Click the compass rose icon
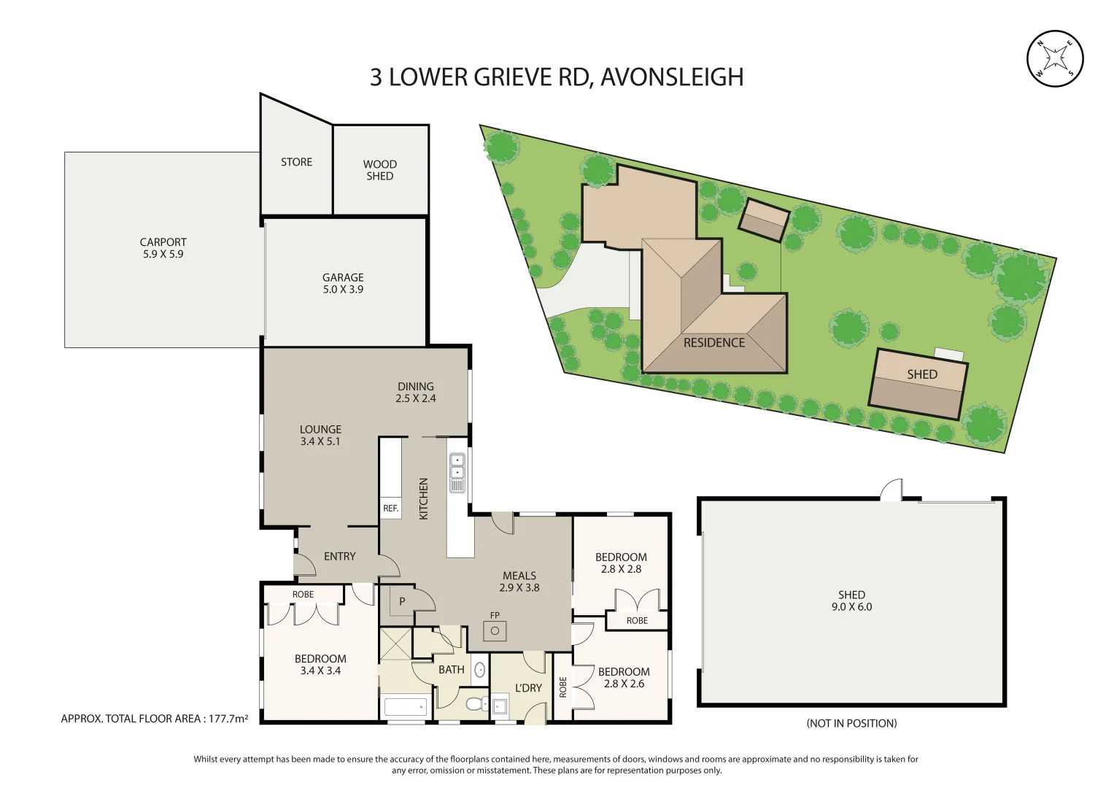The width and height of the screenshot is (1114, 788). pos(1055,59)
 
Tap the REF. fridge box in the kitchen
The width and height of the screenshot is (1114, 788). pos(391,509)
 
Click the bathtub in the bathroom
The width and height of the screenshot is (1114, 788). pos(406,706)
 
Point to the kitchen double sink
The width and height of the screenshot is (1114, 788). pos(457,473)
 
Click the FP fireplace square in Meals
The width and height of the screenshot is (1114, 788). pos(495,631)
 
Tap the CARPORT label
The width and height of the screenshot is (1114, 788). pos(163,242)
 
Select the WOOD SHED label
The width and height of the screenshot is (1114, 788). pos(380,170)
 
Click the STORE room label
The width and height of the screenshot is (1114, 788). pos(296,162)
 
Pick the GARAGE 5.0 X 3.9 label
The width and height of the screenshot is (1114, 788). pos(343,284)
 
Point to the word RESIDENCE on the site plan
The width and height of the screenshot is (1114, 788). pos(714,343)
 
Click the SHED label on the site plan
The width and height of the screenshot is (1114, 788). pos(922,374)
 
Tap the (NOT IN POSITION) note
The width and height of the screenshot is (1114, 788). pos(851,723)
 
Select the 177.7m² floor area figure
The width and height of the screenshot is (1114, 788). pos(228,719)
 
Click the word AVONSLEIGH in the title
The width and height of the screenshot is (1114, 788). pos(672,77)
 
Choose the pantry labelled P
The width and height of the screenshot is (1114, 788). pos(402,601)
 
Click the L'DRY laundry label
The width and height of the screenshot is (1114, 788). pos(528,688)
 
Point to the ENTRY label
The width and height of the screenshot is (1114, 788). pos(340,556)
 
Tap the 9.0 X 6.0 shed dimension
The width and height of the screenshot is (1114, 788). pos(852,607)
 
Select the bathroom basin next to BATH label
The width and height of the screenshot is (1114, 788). pos(479,670)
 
